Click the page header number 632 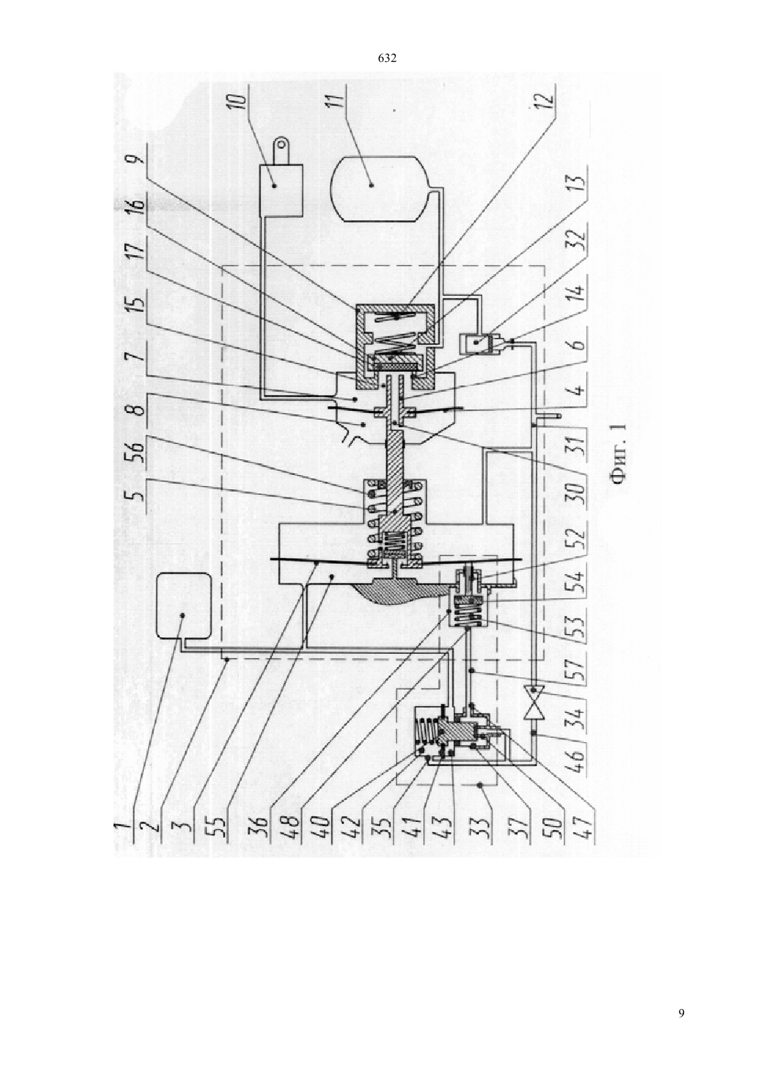click(387, 59)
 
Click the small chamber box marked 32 click(475, 343)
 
